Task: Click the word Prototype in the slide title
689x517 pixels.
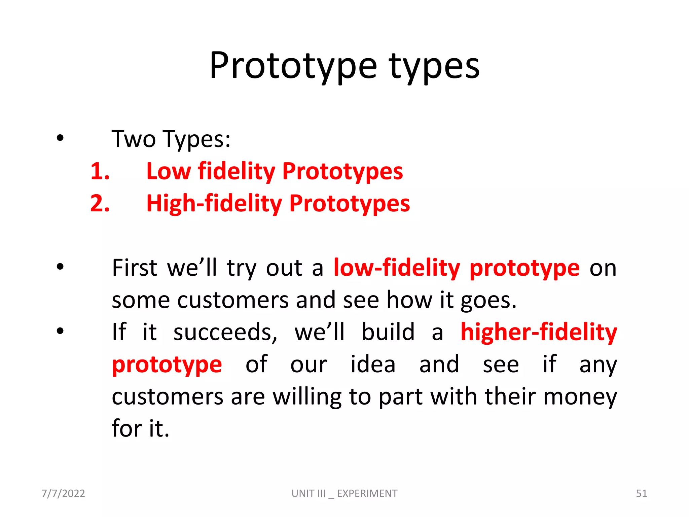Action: pos(293,66)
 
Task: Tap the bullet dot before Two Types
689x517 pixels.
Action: pos(60,138)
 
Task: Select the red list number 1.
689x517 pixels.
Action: pos(100,171)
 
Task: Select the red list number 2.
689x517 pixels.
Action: pos(100,203)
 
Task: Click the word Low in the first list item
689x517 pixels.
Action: pos(168,171)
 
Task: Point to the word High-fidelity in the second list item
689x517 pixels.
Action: pos(214,204)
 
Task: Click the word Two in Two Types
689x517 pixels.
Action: pos(134,139)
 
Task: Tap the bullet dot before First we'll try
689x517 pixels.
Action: pos(60,267)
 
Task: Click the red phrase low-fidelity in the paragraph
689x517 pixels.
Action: pos(397,268)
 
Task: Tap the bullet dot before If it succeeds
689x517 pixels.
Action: pos(60,331)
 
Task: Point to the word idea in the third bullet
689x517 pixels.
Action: pos(373,365)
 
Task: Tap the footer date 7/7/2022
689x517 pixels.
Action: pos(63,493)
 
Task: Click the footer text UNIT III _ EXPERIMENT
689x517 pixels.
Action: pos(344,493)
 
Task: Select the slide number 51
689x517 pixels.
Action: pos(641,493)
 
